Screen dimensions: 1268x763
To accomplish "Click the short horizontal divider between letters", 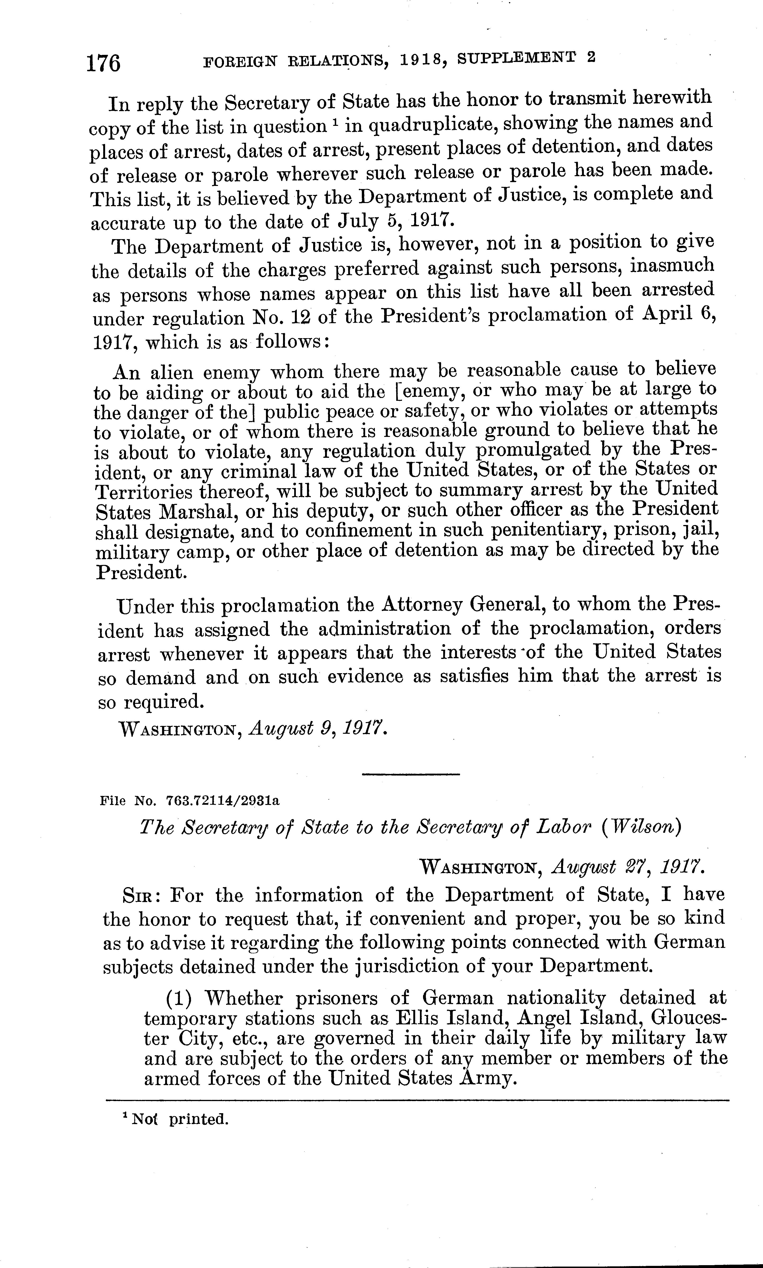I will point(410,775).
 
